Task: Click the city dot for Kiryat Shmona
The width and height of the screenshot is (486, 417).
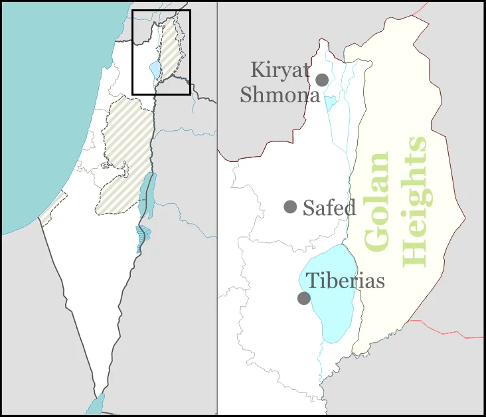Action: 322,80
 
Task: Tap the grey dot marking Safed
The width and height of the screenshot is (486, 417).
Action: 290,207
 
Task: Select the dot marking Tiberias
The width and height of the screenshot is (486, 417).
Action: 303,298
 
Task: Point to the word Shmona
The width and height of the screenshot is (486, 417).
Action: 280,94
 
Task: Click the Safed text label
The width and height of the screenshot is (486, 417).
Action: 329,208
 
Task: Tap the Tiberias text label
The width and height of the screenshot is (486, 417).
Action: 345,280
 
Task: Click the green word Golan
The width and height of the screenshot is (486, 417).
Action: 377,202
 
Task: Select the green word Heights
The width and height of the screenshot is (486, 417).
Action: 416,202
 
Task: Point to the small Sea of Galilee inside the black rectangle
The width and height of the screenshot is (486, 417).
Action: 155,69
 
